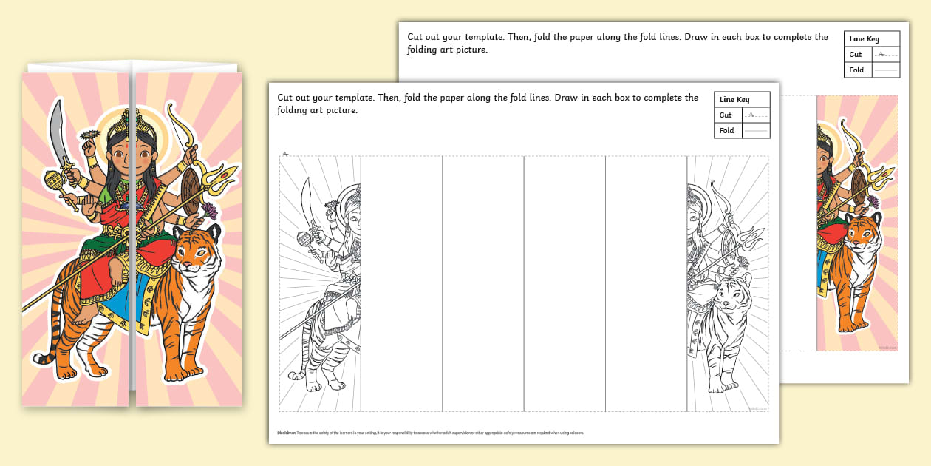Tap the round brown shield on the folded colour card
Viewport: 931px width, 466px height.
[x=189, y=189]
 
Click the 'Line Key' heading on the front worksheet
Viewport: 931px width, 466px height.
[x=734, y=99]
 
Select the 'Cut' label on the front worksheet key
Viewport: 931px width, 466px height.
[x=726, y=115]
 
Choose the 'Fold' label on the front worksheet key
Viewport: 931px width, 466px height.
[x=727, y=130]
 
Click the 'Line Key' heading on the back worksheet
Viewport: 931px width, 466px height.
[x=864, y=39]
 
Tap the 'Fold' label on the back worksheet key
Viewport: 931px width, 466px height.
[x=856, y=70]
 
